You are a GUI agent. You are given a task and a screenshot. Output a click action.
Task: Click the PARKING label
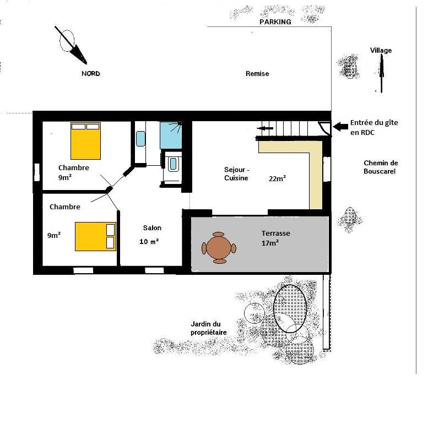[275, 22]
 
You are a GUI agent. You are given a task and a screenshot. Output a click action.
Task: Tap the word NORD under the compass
[91, 73]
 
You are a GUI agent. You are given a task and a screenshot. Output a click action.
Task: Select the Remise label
[257, 73]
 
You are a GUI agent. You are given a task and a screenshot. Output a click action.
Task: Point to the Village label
[381, 50]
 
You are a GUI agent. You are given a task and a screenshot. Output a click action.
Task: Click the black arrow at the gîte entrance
[340, 126]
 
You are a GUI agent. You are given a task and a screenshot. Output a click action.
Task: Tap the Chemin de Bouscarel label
[381, 167]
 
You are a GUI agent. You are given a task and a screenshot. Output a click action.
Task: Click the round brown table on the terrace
[219, 248]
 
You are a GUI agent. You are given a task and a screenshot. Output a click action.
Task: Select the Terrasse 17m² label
[275, 238]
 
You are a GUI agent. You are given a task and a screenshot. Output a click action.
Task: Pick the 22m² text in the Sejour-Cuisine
[277, 178]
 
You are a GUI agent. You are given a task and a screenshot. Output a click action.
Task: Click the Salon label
[152, 227]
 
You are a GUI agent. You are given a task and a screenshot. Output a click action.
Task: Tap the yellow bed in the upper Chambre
[86, 141]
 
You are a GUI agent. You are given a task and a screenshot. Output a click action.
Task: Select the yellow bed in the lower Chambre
[95, 236]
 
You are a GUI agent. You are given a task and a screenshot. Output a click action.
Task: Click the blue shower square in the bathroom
[171, 135]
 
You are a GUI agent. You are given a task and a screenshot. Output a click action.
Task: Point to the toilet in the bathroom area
[173, 164]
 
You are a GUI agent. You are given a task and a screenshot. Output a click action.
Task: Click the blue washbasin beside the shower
[140, 139]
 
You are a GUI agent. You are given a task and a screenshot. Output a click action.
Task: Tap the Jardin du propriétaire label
[209, 328]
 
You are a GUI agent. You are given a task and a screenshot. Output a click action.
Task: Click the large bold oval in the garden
[290, 308]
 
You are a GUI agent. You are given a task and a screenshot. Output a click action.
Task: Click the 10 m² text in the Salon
[149, 242]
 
